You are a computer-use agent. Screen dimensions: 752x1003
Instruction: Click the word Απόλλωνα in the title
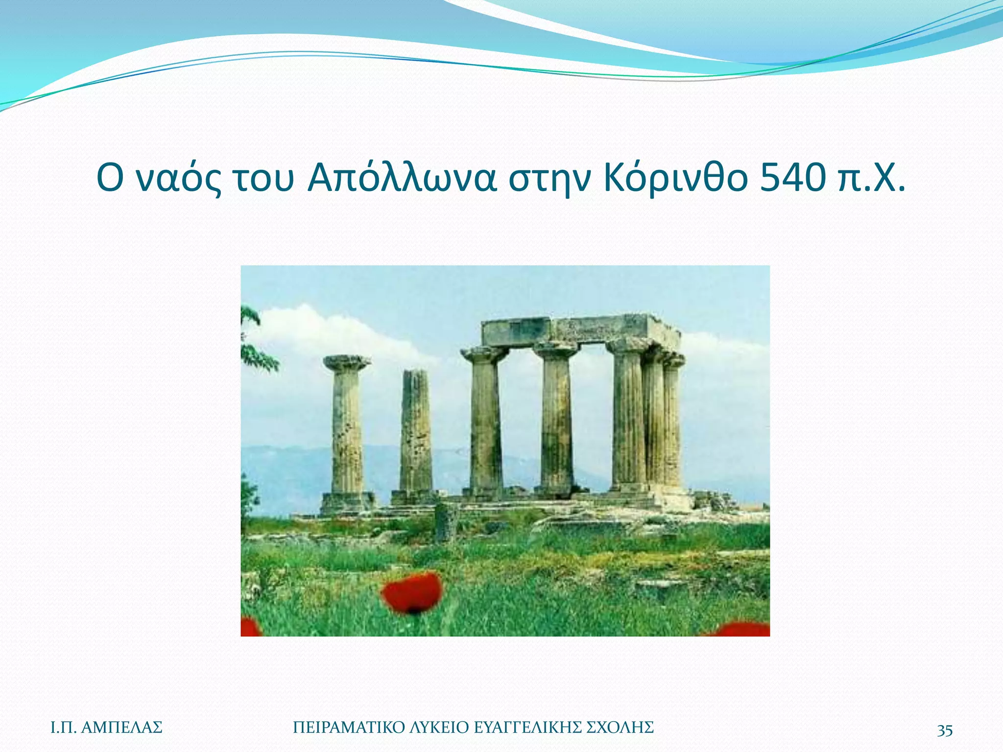tap(402, 179)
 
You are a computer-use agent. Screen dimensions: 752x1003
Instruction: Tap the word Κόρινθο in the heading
tap(676, 179)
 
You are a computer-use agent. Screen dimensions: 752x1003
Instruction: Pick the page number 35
tap(945, 730)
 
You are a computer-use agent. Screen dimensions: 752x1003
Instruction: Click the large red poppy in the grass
tap(412, 592)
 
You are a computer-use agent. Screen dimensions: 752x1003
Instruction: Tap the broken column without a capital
tap(416, 431)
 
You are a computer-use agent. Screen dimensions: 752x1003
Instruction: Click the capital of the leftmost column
tap(347, 363)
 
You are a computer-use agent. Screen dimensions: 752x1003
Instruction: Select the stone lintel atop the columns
tap(580, 330)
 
